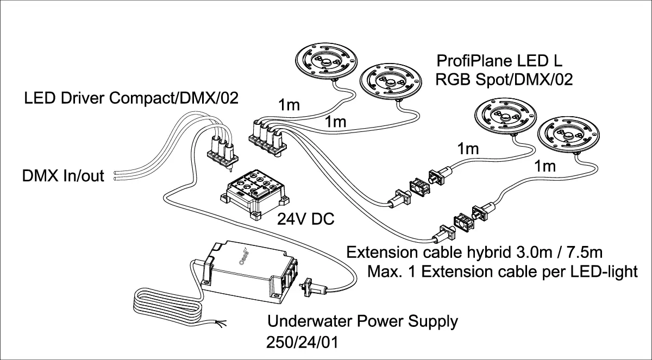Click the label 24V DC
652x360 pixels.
click(305, 219)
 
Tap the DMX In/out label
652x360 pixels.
click(63, 175)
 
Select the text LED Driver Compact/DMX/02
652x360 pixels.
click(131, 98)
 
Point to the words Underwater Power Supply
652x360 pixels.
click(362, 321)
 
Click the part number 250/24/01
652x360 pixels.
click(303, 342)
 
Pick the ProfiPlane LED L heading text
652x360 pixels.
click(499, 61)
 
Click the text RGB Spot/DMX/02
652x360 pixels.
click(504, 79)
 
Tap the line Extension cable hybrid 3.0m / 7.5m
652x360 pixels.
click(474, 252)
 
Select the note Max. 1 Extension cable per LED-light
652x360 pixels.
click(503, 271)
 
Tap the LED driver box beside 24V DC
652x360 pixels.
click(255, 194)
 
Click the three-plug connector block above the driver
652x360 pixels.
click(223, 153)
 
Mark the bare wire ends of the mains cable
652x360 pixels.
click(220, 324)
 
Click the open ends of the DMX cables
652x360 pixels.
click(116, 175)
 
